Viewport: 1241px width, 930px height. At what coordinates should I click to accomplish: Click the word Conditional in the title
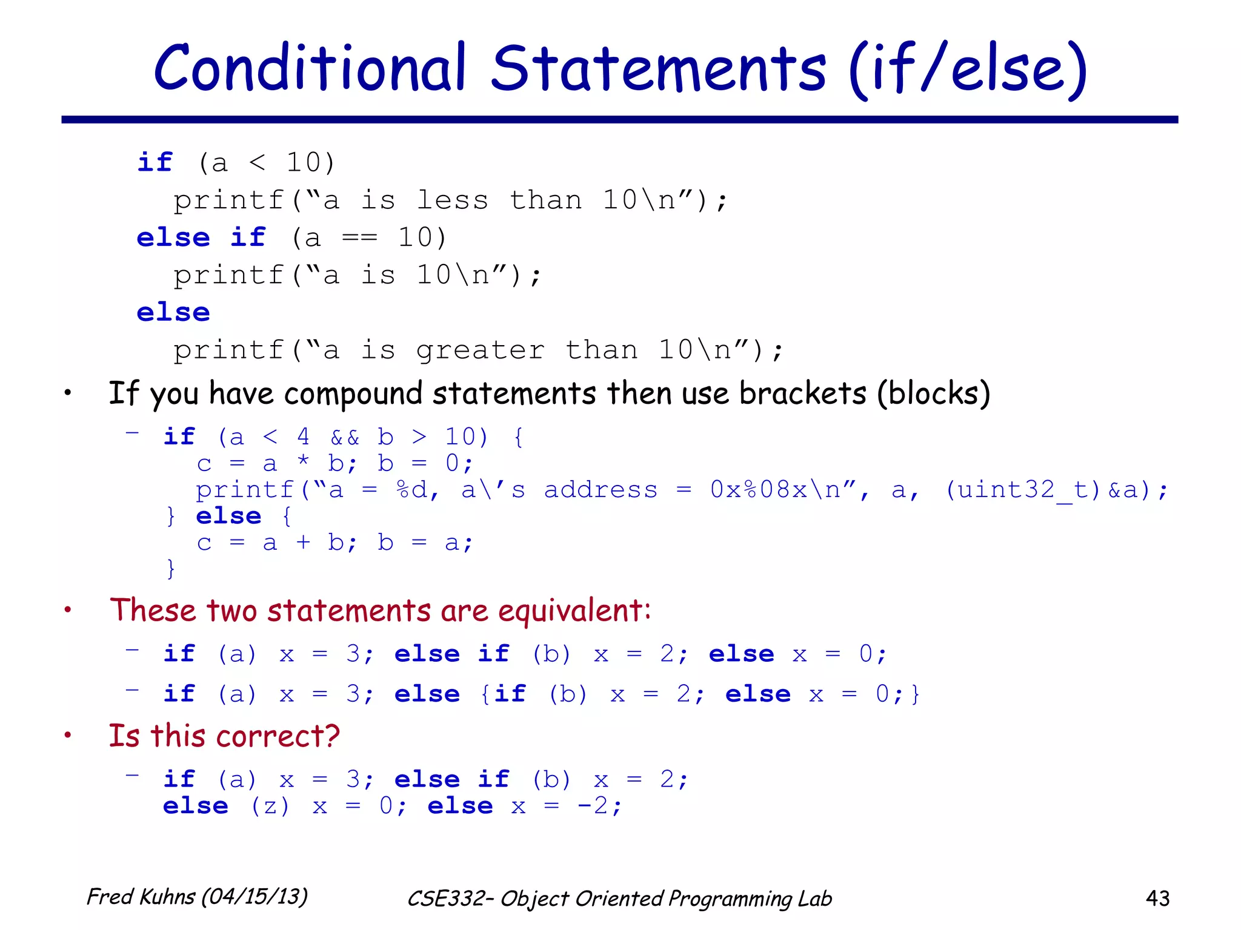(309, 68)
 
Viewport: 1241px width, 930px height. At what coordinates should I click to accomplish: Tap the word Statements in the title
(659, 68)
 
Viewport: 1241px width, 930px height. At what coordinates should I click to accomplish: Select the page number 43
(1157, 898)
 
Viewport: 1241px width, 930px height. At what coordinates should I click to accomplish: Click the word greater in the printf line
(480, 351)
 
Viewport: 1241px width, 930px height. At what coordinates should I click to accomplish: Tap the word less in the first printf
(452, 200)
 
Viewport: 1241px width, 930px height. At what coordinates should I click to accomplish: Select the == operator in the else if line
(359, 238)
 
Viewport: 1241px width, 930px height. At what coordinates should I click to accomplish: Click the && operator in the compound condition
(345, 437)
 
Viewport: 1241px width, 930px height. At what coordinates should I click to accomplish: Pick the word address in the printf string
(600, 490)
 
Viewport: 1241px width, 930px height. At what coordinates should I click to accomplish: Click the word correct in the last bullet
(278, 737)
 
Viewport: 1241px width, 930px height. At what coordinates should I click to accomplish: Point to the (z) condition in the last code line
(270, 806)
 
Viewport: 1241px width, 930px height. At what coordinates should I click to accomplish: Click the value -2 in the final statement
(593, 806)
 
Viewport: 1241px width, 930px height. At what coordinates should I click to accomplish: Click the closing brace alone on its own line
(171, 569)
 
